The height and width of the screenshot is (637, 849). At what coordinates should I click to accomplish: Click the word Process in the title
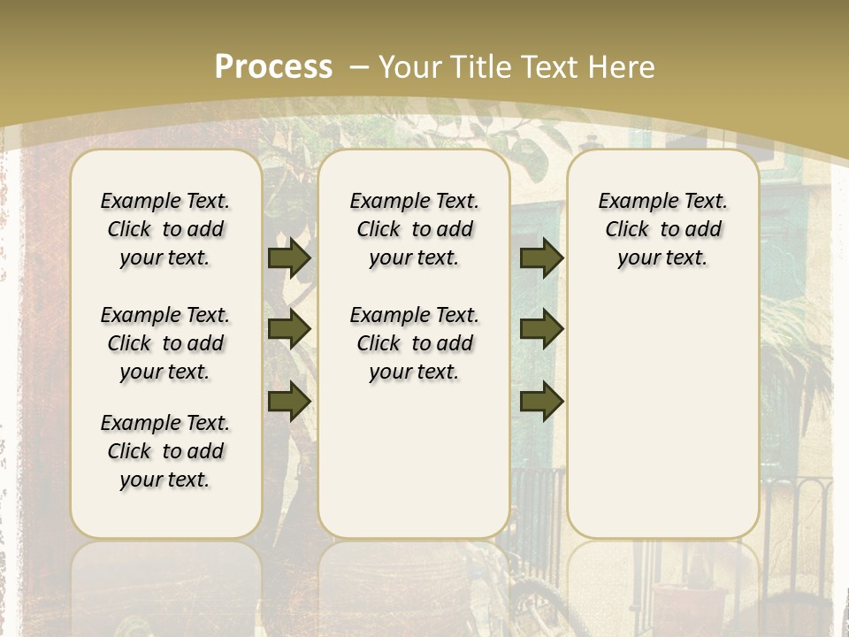point(273,66)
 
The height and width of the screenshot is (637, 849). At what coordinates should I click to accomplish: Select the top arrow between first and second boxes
point(289,257)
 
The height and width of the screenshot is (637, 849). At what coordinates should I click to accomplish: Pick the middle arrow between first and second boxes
point(289,329)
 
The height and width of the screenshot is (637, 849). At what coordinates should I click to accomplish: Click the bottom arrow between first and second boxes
point(289,401)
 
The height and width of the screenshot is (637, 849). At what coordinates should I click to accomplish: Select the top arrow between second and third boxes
point(541,257)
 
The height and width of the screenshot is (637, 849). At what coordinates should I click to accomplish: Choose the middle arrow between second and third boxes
point(541,329)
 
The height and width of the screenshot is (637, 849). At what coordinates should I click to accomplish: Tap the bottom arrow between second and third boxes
point(541,401)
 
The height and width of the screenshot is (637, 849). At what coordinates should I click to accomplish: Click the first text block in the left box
point(165,229)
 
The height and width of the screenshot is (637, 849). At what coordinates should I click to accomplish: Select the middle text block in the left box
point(165,343)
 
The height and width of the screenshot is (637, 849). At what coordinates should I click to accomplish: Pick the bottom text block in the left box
point(165,451)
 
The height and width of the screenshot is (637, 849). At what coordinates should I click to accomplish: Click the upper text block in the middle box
point(414,229)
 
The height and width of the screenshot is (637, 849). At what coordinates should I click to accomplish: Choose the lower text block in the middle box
point(414,343)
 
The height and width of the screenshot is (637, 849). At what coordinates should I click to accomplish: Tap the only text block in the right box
point(662,229)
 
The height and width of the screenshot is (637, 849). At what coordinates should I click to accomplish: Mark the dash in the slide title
point(358,66)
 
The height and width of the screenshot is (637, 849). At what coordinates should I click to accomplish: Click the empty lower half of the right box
point(662,425)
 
